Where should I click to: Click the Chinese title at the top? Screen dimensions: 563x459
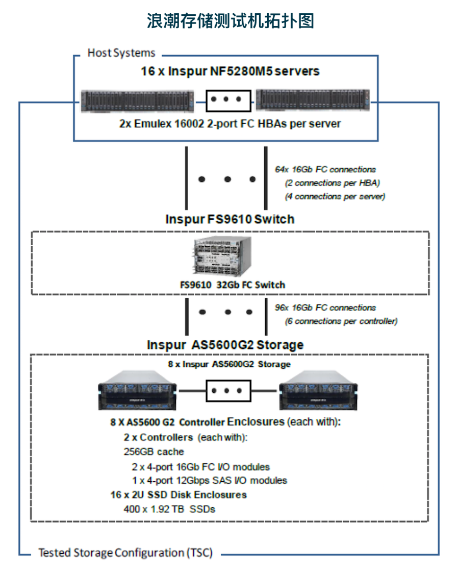tap(229, 21)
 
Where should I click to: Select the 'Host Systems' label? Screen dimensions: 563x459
tap(121, 53)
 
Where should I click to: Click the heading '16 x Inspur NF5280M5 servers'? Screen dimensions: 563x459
tap(230, 71)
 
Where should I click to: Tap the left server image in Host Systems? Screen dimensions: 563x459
tap(138, 101)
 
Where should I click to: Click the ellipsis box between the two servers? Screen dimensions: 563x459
tap(228, 101)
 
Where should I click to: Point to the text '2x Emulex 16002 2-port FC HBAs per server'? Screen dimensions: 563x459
tap(229, 124)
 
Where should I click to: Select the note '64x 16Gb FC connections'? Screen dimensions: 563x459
tap(325, 170)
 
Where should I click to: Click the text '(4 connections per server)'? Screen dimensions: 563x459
tap(335, 196)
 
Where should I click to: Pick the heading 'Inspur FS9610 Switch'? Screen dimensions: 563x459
tap(229, 219)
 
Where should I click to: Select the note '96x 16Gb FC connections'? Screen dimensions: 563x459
tap(325, 308)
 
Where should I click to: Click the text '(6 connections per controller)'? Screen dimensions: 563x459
tap(341, 321)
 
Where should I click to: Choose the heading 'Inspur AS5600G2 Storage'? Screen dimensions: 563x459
tap(225, 345)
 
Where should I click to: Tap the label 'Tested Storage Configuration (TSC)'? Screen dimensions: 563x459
tap(125, 553)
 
